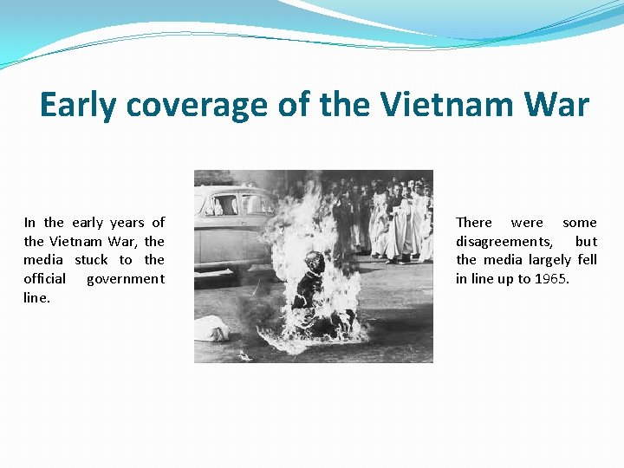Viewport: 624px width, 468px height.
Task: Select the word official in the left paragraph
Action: tap(44, 278)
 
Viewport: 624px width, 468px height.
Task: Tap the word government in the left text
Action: tap(125, 279)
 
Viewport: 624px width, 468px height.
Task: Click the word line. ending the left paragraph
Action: tap(36, 297)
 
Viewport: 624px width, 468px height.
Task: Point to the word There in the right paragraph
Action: tap(474, 223)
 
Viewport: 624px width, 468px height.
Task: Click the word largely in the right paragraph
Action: tap(549, 260)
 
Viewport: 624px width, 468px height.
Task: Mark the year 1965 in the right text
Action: tap(551, 279)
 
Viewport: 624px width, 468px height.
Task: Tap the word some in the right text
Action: tap(580, 223)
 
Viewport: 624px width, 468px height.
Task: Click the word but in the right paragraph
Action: tap(586, 242)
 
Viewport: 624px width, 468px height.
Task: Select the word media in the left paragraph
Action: tap(43, 260)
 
